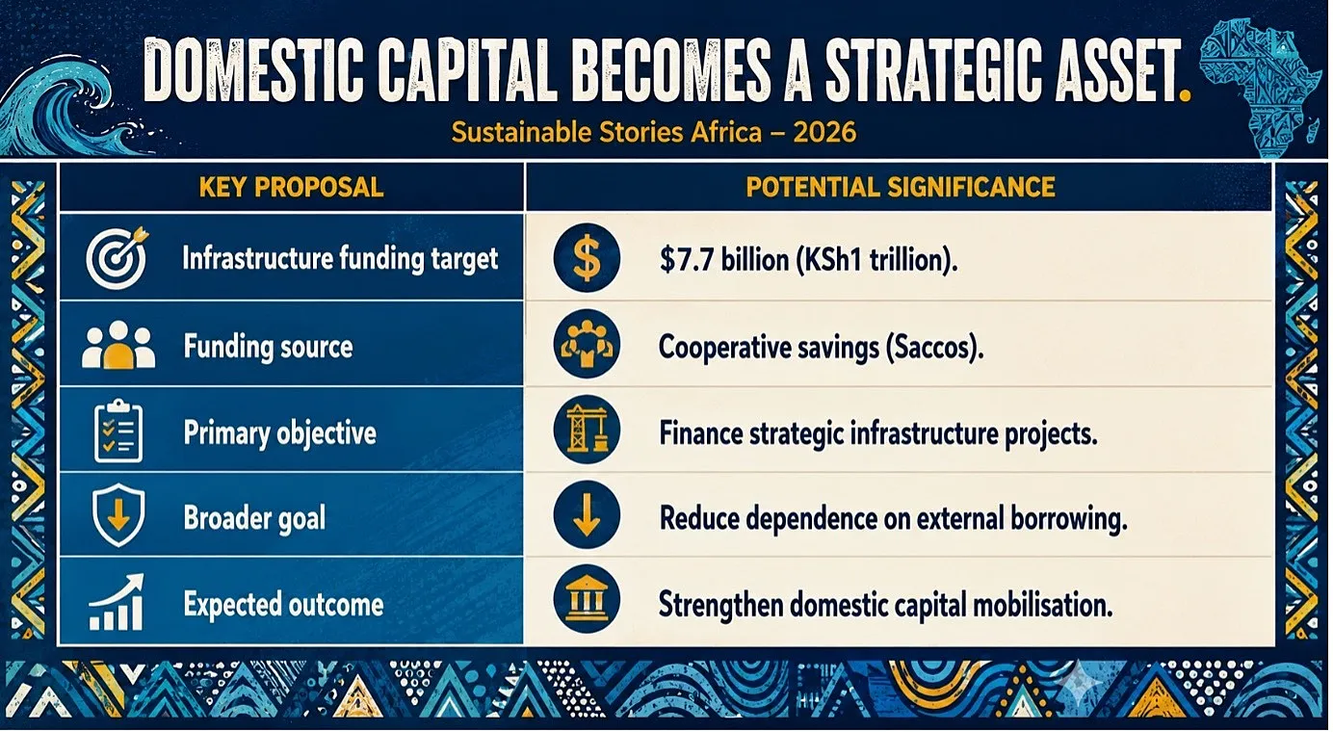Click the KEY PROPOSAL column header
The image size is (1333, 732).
tap(291, 188)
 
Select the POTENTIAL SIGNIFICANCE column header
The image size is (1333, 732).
tap(901, 188)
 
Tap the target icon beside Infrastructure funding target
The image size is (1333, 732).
tap(118, 258)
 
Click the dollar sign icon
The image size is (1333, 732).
tap(587, 258)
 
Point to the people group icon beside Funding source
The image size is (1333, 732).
tap(118, 345)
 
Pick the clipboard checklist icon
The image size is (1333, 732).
tap(118, 431)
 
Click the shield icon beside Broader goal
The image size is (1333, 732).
tap(118, 515)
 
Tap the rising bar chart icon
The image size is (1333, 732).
tap(117, 602)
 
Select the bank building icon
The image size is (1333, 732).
tap(587, 599)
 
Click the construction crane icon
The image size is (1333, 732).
tap(587, 430)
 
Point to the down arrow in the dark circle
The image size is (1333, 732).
tap(587, 514)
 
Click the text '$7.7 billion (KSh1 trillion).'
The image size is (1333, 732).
tap(809, 260)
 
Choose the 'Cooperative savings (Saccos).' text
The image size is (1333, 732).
tap(821, 347)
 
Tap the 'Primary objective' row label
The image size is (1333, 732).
tap(279, 433)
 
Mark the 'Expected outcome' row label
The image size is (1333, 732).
tap(284, 605)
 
